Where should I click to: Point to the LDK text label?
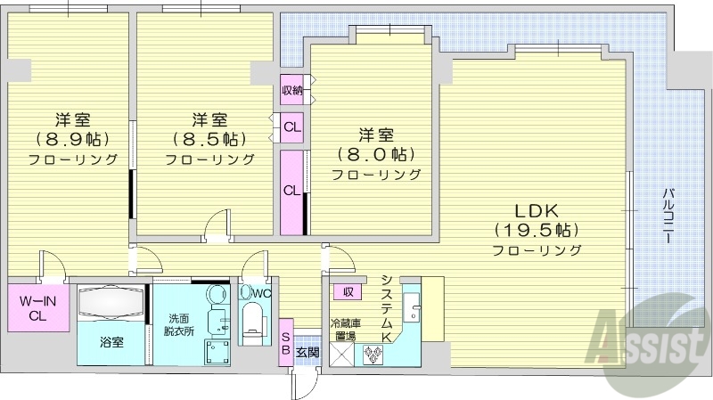(x=536, y=212)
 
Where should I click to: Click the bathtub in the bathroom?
(x=111, y=303)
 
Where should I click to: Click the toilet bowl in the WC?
(x=254, y=319)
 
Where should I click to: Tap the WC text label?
(x=260, y=292)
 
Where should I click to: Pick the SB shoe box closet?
(x=285, y=342)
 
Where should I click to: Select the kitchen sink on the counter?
(x=412, y=308)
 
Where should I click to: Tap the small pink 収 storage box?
(x=346, y=291)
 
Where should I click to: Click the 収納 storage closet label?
(x=292, y=89)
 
